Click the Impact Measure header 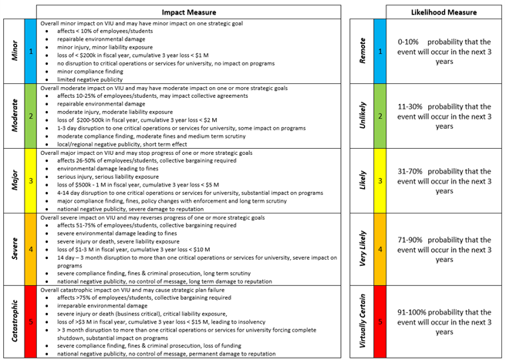click(190, 12)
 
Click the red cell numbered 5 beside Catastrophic click(30, 321)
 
